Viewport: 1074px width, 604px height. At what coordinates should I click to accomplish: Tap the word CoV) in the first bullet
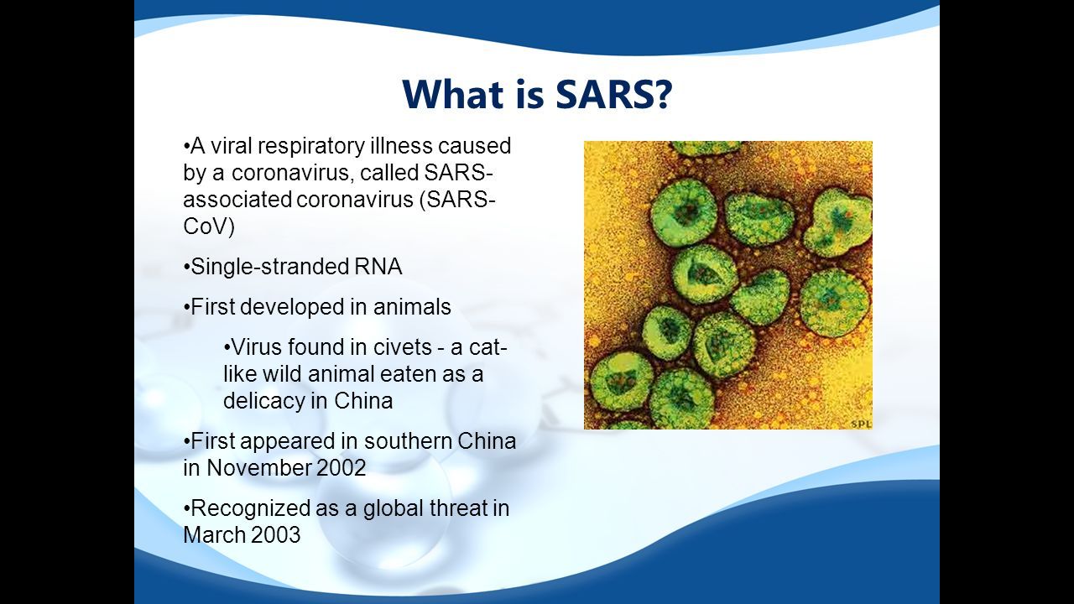click(x=209, y=226)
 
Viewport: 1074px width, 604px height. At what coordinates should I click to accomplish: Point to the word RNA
click(x=378, y=267)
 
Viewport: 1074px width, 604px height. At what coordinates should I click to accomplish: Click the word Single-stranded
click(x=270, y=268)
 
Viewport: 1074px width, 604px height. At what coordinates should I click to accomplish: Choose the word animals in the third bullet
click(x=412, y=307)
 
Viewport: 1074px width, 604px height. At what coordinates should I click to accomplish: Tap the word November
click(x=259, y=468)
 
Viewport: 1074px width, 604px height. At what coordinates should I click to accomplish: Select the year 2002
click(x=341, y=468)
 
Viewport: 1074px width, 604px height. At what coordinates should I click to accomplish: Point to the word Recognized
click(x=251, y=509)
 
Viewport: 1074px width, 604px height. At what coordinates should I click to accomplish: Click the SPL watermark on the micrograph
click(x=861, y=424)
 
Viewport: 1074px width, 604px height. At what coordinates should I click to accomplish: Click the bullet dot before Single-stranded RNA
click(x=186, y=268)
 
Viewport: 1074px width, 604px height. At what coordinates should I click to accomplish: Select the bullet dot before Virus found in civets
click(x=227, y=347)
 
